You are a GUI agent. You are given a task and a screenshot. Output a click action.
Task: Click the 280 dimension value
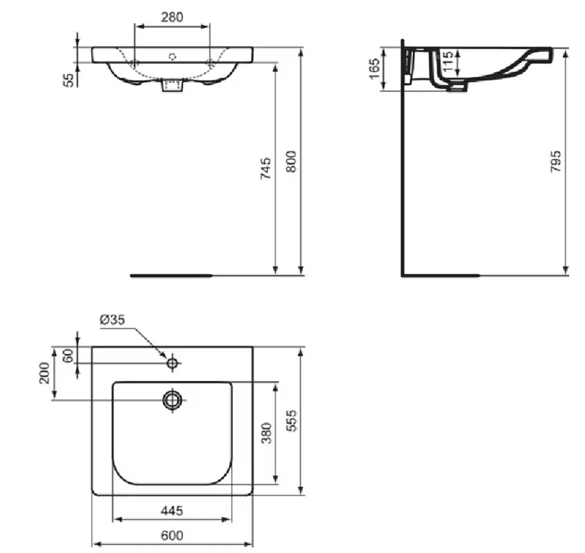pos(171,17)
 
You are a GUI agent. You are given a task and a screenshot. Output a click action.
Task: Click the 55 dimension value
pos(68,79)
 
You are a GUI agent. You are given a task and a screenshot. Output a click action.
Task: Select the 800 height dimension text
pos(291,162)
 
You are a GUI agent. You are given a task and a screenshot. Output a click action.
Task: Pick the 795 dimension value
pos(555,161)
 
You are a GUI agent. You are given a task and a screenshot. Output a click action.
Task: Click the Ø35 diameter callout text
pos(112,319)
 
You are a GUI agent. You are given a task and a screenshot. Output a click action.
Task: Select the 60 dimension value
pos(68,355)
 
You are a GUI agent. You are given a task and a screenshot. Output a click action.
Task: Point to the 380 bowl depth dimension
pos(266,433)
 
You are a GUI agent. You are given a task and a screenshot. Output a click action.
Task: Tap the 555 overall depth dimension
pos(291,420)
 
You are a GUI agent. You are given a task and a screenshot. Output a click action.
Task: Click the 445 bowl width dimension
pos(171,511)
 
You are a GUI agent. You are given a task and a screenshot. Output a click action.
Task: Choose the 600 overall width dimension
pos(171,535)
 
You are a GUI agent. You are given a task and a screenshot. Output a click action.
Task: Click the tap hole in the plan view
pos(172,362)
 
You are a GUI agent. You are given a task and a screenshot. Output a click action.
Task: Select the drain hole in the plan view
pos(172,399)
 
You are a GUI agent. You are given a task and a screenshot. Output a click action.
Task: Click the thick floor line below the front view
pos(171,275)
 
